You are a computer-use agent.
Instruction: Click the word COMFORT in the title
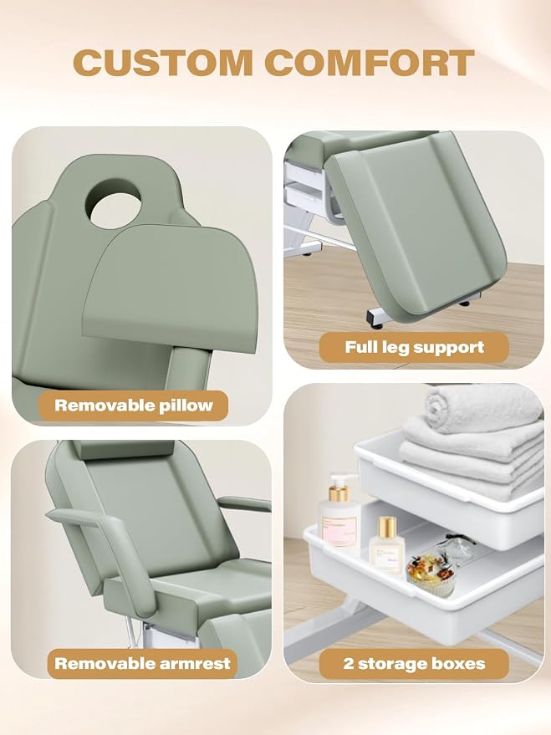pos(370,63)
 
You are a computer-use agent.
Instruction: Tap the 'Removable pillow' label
pos(134,406)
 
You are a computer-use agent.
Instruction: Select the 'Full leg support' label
pos(414,347)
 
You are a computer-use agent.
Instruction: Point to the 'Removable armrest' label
pos(142,663)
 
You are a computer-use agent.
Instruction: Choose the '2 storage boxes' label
pos(414,664)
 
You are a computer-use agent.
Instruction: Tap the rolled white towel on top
pos(482,408)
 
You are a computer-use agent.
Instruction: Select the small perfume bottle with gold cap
pos(387,545)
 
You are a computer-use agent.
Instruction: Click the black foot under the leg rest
pos(464,304)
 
